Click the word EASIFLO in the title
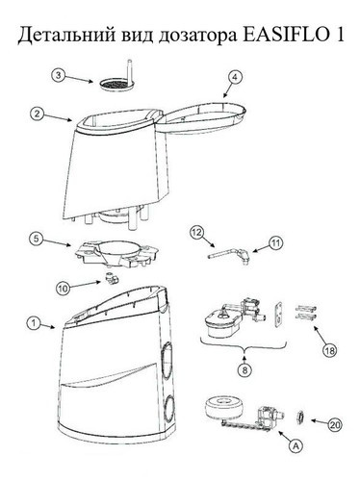[285, 35]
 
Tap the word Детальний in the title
[66, 35]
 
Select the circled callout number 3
[59, 76]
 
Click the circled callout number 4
[235, 78]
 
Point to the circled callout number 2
[38, 114]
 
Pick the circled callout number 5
[37, 239]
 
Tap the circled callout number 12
[196, 233]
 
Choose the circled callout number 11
[276, 242]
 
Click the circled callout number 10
[64, 289]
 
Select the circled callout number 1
[34, 323]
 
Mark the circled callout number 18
[329, 351]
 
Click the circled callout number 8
[244, 370]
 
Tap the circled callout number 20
[335, 425]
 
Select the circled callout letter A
[296, 445]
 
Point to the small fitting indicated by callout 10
[111, 278]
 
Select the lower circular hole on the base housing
[168, 409]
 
